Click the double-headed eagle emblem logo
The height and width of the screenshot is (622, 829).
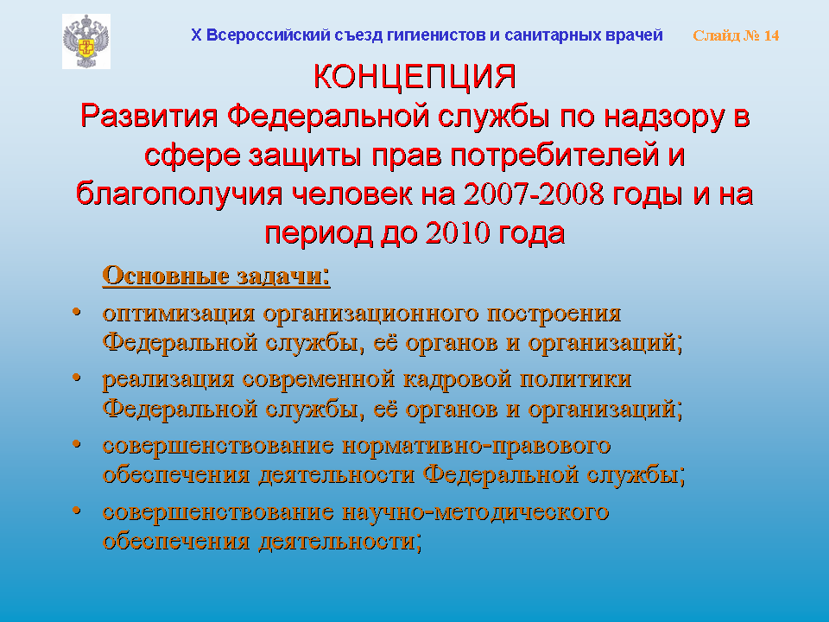tap(86, 41)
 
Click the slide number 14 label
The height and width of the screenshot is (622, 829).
tap(736, 35)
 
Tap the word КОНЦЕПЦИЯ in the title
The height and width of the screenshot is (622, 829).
tap(414, 76)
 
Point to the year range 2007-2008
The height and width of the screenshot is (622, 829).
tap(534, 194)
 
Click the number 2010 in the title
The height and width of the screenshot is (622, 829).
tap(458, 232)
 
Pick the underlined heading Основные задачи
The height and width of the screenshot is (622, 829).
tap(216, 276)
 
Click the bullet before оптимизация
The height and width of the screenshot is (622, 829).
tap(77, 312)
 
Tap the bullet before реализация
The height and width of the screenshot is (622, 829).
tap(77, 378)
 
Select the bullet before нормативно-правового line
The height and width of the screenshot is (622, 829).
tap(77, 444)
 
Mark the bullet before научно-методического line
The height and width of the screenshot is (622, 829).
tap(77, 511)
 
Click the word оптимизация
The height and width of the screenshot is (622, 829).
tap(179, 314)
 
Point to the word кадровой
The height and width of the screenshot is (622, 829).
tap(457, 380)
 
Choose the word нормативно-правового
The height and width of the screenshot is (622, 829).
tap(477, 446)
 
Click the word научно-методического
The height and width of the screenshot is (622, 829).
tap(475, 512)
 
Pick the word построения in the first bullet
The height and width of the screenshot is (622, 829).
tap(554, 314)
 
